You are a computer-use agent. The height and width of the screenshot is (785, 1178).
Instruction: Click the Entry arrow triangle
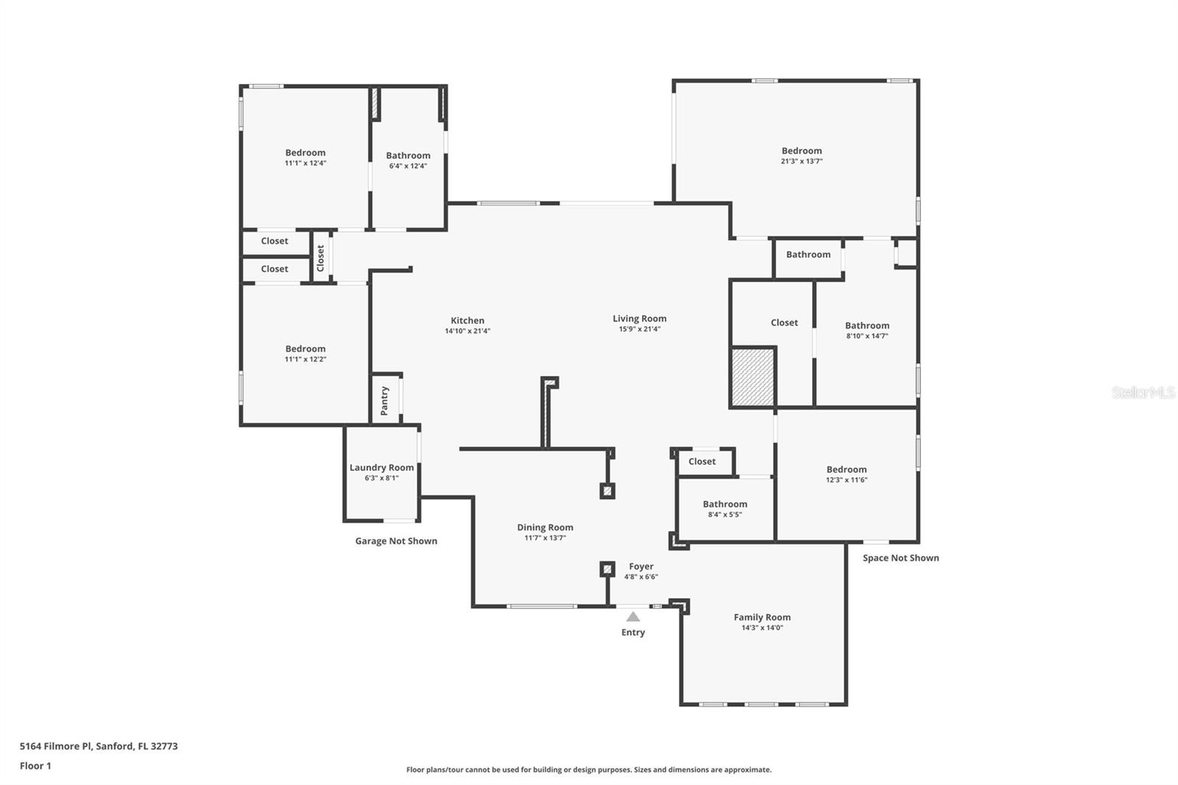pyautogui.click(x=633, y=616)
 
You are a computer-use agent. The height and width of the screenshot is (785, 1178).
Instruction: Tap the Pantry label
pyautogui.click(x=384, y=401)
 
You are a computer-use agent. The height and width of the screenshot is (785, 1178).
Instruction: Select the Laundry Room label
pyautogui.click(x=382, y=467)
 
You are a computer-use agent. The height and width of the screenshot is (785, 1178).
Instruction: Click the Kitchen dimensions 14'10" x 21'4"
pyautogui.click(x=468, y=331)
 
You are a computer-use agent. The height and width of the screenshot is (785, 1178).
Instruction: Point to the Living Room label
pyautogui.click(x=640, y=318)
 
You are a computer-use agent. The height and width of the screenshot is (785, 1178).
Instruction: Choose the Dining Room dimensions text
pyautogui.click(x=546, y=538)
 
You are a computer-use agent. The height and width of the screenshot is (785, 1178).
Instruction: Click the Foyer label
pyautogui.click(x=641, y=566)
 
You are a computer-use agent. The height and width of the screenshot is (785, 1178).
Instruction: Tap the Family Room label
pyautogui.click(x=762, y=617)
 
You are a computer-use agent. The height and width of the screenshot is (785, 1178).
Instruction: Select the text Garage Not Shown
pyautogui.click(x=396, y=541)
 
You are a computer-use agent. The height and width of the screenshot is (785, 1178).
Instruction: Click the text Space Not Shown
pyautogui.click(x=901, y=557)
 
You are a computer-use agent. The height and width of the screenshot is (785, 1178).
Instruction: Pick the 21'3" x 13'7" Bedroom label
pyautogui.click(x=802, y=150)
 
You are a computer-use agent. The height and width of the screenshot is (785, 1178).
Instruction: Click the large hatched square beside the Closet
pyautogui.click(x=752, y=377)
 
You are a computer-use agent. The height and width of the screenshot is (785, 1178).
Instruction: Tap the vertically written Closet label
pyautogui.click(x=320, y=258)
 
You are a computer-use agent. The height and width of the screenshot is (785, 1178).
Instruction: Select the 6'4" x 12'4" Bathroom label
pyautogui.click(x=408, y=155)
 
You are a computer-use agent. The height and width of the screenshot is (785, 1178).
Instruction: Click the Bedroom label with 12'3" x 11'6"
pyautogui.click(x=847, y=469)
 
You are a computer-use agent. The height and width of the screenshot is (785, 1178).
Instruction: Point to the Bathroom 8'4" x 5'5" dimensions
pyautogui.click(x=724, y=515)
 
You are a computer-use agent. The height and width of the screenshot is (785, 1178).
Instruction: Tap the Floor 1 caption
pyautogui.click(x=35, y=766)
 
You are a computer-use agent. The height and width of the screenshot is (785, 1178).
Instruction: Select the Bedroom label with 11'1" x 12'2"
pyautogui.click(x=306, y=349)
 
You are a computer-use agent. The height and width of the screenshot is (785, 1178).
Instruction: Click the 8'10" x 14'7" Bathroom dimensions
pyautogui.click(x=867, y=337)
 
